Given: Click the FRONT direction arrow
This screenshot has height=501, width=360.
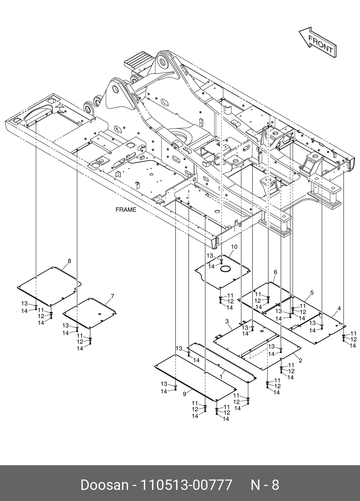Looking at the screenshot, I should click(317, 42).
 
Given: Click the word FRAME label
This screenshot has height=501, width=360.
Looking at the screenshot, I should click(126, 210).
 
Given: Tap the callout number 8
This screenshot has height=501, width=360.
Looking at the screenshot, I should click(69, 261).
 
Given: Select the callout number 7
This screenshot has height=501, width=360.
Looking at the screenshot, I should click(112, 296).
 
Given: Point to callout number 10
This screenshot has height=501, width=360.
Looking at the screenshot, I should click(234, 247).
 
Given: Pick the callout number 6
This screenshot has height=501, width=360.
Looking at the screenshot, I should click(275, 272).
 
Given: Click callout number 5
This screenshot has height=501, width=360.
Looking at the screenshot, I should click(312, 293).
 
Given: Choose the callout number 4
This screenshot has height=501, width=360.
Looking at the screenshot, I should click(339, 308).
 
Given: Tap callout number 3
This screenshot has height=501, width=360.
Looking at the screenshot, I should click(227, 321).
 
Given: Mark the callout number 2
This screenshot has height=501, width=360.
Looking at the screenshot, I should click(300, 360).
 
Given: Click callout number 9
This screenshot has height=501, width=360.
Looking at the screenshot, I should click(184, 394).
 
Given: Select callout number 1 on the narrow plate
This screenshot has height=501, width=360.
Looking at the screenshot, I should click(221, 376).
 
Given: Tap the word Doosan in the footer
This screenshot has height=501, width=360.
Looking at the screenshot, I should click(104, 485).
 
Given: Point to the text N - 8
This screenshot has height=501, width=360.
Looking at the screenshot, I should click(264, 485).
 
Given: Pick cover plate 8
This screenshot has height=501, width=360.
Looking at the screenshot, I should click(48, 284).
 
